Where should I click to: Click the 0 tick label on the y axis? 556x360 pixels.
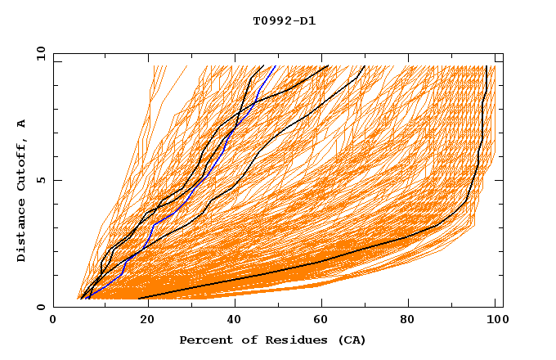click(40, 307)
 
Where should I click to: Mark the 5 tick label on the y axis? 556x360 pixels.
click(40, 180)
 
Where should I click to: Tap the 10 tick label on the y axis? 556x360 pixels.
click(38, 53)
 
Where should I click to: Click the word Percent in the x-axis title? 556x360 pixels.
click(204, 340)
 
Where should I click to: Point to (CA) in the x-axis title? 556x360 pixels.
click(350, 340)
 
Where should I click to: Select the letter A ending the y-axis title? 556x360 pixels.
click(21, 123)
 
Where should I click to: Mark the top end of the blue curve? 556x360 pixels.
click(276, 66)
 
